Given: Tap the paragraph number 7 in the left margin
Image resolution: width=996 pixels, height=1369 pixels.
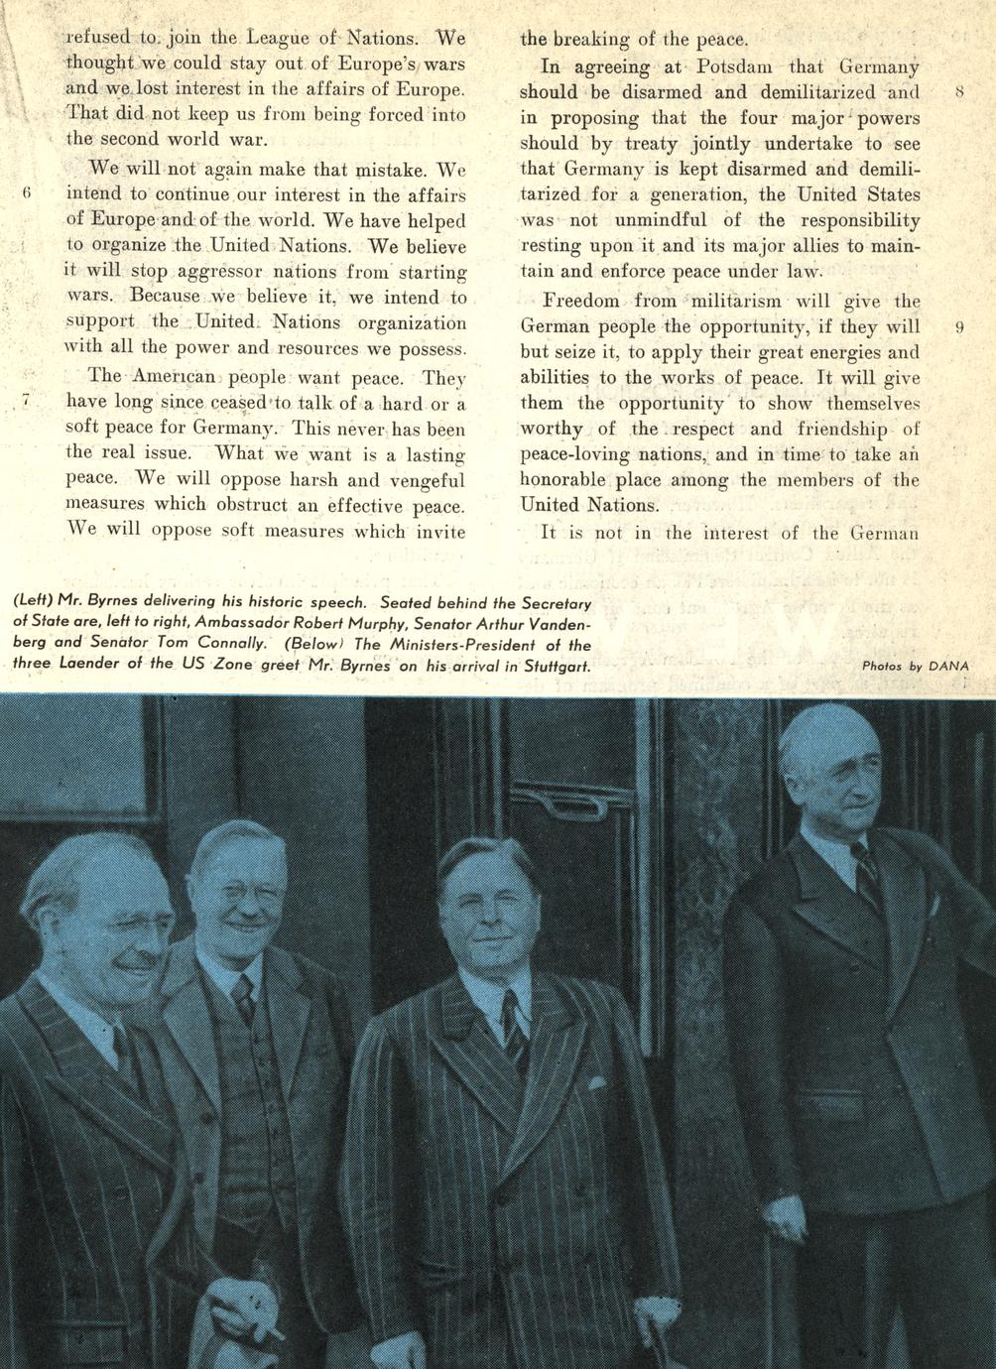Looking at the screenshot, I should [29, 402].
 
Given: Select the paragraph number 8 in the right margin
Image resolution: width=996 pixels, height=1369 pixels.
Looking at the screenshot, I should [959, 93].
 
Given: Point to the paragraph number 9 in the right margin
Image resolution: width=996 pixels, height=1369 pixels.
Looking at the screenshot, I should [959, 327].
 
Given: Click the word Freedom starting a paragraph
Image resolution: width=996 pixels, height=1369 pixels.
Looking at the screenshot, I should [580, 301].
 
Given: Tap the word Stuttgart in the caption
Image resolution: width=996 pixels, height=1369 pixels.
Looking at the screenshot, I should [549, 666].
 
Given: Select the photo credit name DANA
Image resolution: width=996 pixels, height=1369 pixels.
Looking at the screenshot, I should [947, 667].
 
